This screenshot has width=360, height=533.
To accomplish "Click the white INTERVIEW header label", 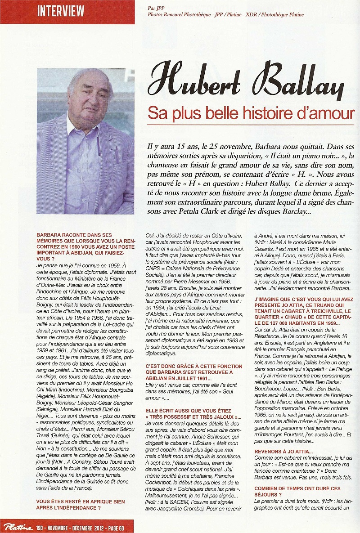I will coord(61,11).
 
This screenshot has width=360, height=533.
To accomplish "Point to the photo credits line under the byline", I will coord(225,15).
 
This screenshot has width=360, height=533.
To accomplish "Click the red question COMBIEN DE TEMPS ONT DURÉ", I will coord(297,491).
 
